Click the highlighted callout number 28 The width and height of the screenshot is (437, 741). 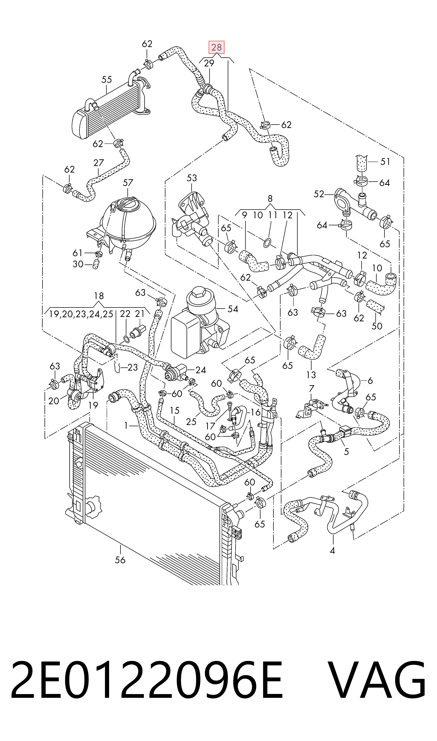217,47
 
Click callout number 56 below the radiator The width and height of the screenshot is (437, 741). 120,559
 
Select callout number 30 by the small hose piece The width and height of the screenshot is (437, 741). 78,264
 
